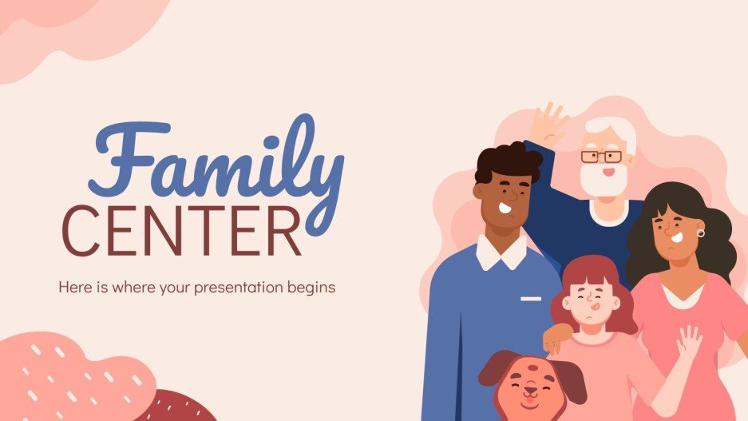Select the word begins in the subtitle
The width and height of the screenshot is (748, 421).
coord(314,286)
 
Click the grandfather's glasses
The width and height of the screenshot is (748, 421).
coord(600,157)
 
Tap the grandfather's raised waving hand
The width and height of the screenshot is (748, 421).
coord(548,123)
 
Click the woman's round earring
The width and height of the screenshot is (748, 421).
coord(700,233)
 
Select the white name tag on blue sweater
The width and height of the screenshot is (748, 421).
coord(531,299)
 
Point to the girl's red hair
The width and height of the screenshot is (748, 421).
coord(591,272)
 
